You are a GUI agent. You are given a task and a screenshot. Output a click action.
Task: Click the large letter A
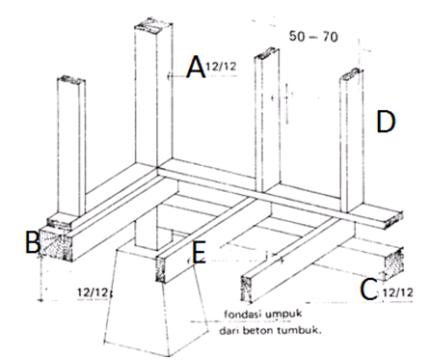click(x=196, y=67)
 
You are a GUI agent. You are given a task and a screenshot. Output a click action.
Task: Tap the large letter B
click(x=32, y=242)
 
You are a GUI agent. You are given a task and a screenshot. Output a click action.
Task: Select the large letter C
click(x=368, y=290)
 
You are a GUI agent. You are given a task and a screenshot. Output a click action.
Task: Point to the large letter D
click(x=386, y=122)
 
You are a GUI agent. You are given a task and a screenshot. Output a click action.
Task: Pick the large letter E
click(x=199, y=253)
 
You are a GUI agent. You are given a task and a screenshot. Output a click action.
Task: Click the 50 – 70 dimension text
click(x=313, y=37)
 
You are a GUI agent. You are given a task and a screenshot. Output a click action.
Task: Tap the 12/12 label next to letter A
click(x=221, y=67)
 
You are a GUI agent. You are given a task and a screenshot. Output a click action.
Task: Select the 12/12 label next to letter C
click(x=397, y=292)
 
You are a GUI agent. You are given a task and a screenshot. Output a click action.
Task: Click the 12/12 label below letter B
click(x=93, y=292)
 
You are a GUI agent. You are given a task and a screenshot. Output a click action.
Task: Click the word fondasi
click(x=244, y=314)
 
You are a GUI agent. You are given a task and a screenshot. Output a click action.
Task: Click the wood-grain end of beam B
click(x=56, y=244)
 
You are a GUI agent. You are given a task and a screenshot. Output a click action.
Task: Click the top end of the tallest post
click(x=153, y=27)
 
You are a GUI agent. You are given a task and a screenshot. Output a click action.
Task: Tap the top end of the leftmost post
click(x=71, y=79)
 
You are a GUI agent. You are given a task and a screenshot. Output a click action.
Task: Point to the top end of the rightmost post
click(x=351, y=75)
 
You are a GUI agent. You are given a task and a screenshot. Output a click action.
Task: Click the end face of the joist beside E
click(x=160, y=269)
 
